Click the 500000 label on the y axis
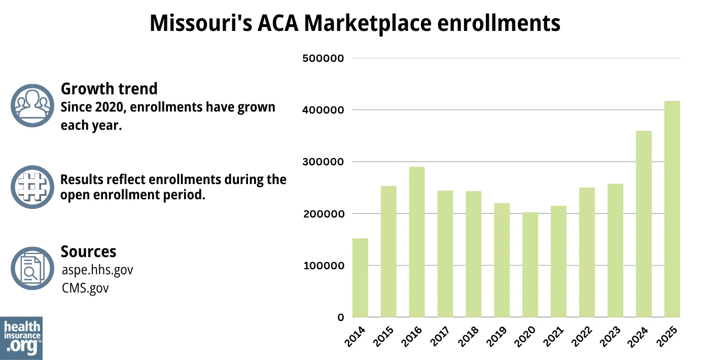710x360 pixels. click(323, 58)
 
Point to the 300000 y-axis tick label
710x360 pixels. click(323, 162)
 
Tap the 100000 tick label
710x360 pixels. click(323, 266)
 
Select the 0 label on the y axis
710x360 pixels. click(341, 318)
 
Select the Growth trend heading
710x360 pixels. click(109, 89)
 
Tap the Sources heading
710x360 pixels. click(88, 251)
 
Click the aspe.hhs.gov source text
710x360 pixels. click(97, 270)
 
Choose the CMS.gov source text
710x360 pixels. click(85, 288)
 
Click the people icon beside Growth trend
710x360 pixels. click(32, 105)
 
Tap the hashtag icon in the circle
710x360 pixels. click(32, 187)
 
